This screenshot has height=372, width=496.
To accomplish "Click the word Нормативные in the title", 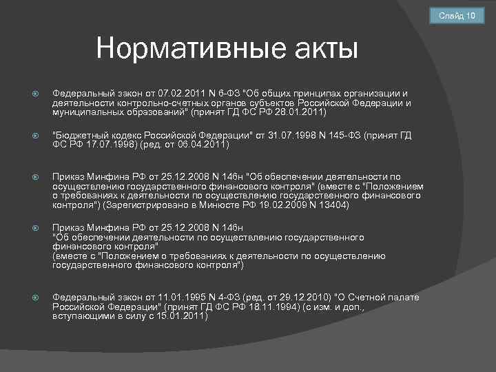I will click(183, 49).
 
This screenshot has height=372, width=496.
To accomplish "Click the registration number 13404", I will click(333, 205).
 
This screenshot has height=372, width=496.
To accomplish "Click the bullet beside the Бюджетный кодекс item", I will click(35, 136).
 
